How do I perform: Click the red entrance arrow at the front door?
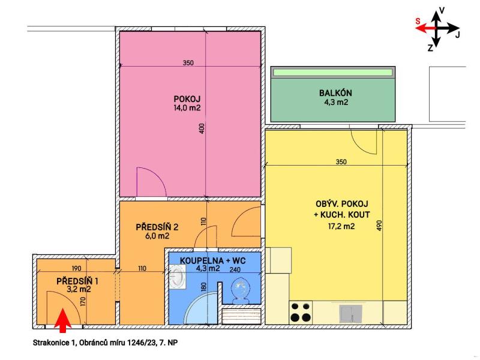coord(63,320)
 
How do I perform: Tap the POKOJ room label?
coord(187,99)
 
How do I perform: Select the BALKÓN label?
coord(335,93)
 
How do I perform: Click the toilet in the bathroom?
coord(241,290)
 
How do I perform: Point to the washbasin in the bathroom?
coord(177,277)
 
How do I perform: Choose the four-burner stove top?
coord(301,312)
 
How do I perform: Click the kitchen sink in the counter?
coord(351,314)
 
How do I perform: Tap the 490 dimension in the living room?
coord(380,226)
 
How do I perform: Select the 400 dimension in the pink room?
coord(202,128)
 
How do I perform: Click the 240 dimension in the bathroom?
coord(235,269)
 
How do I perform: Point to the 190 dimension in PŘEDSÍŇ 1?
coord(76,268)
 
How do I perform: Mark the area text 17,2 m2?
coord(341,227)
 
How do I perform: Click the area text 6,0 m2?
coord(157,236)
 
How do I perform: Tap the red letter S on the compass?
coord(418,22)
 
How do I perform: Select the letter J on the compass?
coord(457,35)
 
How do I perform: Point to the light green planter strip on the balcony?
coord(333,73)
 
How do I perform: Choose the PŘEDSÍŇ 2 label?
coord(157,227)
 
